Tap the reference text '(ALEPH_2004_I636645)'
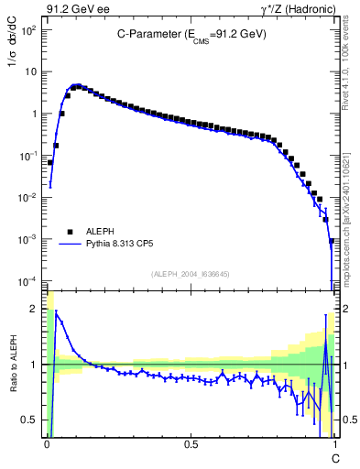pos(191,274)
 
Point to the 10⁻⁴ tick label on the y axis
pos(29,280)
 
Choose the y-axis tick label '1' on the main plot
pos(34,114)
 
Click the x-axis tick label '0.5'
pos(191,442)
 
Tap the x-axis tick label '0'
pos(47,442)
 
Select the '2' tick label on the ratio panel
pos(36,309)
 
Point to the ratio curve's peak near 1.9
pos(57,312)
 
